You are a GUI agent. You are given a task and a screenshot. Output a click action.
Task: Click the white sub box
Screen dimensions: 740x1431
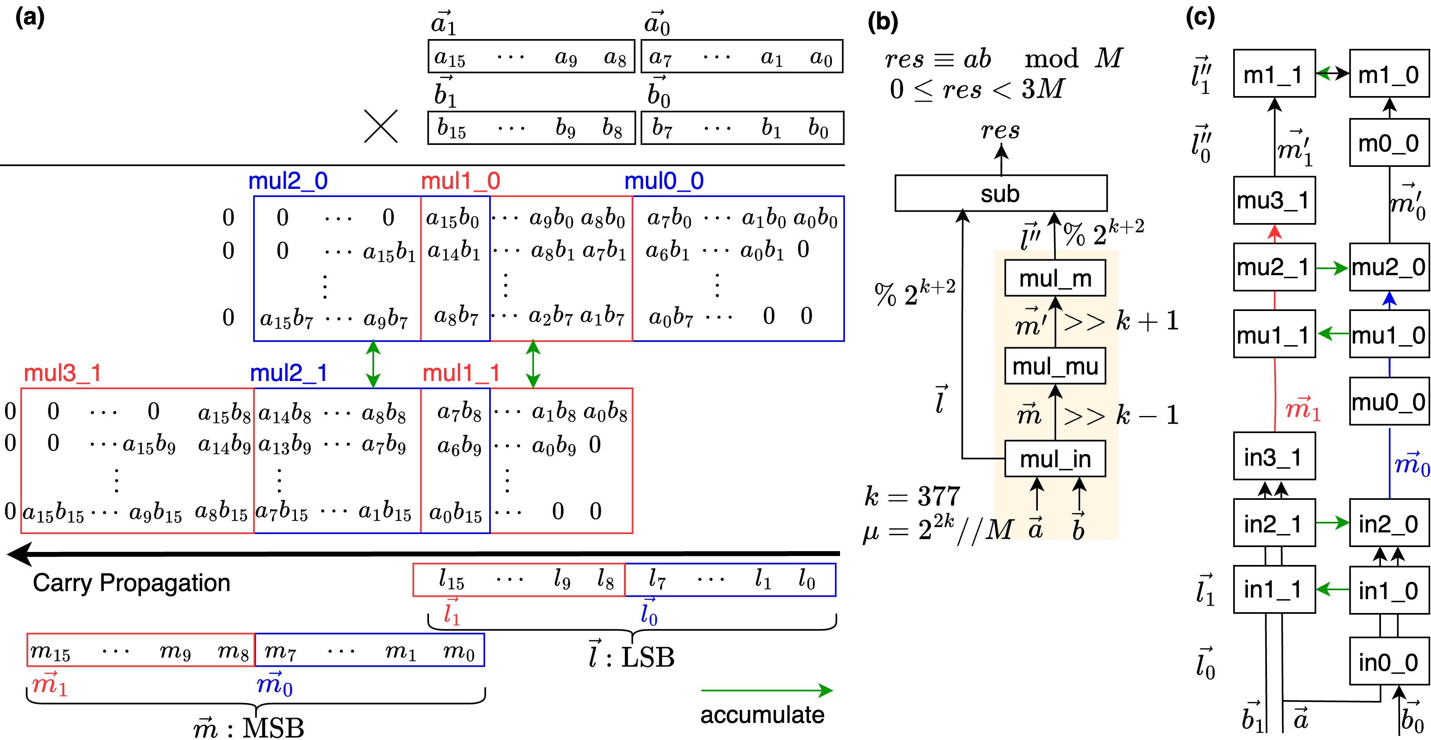pyautogui.click(x=1000, y=193)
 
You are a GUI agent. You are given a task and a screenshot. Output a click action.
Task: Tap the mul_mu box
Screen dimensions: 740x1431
pyautogui.click(x=1055, y=366)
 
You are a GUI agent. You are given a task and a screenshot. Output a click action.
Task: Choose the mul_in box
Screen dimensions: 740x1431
pyautogui.click(x=1055, y=459)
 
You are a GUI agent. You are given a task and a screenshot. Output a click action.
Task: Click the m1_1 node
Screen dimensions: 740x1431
pyautogui.click(x=1274, y=74)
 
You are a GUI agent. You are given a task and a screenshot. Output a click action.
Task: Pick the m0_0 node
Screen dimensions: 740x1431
pyautogui.click(x=1389, y=143)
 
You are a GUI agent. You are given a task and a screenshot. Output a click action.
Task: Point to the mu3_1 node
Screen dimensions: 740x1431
pyautogui.click(x=1274, y=200)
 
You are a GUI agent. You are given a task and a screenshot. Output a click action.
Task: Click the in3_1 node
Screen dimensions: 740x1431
pyautogui.click(x=1274, y=457)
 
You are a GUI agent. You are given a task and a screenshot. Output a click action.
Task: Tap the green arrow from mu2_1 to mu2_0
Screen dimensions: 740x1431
pyautogui.click(x=1332, y=268)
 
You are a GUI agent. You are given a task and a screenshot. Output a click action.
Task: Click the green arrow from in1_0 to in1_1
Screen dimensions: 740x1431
pyautogui.click(x=1332, y=589)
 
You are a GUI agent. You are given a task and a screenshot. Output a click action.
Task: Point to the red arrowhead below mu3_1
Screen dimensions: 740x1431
pyautogui.click(x=1274, y=232)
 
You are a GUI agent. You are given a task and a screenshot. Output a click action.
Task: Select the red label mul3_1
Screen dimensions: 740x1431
pyautogui.click(x=62, y=373)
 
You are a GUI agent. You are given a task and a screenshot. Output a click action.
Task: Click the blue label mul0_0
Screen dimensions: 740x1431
pyautogui.click(x=664, y=181)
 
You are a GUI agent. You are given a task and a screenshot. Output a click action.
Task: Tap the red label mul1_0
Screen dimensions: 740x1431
pyautogui.click(x=461, y=181)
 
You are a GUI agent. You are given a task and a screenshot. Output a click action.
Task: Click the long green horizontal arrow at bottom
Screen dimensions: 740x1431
pyautogui.click(x=767, y=691)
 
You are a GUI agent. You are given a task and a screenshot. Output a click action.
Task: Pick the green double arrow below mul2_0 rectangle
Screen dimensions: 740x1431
pyautogui.click(x=373, y=364)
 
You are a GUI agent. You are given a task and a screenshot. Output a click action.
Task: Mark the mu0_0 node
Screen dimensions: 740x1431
pyautogui.click(x=1389, y=401)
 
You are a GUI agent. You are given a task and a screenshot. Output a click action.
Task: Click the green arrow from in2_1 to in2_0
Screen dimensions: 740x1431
pyautogui.click(x=1332, y=523)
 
